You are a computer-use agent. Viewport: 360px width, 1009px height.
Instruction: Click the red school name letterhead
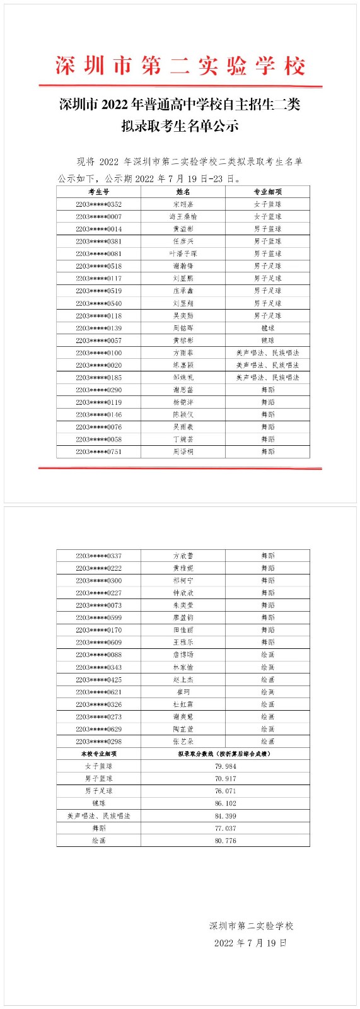[x=180, y=66]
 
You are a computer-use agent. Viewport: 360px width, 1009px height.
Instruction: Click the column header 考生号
[x=98, y=192]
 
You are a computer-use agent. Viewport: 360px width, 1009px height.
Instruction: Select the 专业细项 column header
[x=267, y=192]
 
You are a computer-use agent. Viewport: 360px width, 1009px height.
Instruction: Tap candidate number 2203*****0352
[x=98, y=204]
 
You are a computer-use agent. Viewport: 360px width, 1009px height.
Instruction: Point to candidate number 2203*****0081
[x=98, y=254]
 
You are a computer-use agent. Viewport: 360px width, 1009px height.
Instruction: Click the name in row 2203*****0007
[x=183, y=216]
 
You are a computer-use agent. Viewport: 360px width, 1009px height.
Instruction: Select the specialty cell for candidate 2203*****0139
[x=267, y=328]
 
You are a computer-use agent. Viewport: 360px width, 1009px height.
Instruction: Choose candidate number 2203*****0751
[x=98, y=452]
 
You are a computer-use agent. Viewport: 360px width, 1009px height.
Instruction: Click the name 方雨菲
[x=183, y=353]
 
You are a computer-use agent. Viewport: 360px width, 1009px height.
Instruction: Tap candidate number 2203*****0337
[x=98, y=556]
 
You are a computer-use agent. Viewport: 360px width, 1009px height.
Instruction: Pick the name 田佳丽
[x=183, y=630]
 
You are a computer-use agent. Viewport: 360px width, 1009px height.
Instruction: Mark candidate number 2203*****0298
[x=98, y=742]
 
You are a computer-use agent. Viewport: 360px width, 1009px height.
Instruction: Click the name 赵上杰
[x=183, y=680]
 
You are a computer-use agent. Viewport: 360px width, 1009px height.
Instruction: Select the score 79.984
[x=225, y=766]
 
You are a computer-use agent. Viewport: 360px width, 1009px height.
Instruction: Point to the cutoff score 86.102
[x=225, y=803]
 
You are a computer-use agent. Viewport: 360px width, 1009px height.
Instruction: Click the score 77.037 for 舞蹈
[x=225, y=828]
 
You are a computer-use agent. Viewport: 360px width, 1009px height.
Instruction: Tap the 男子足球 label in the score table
[x=98, y=791]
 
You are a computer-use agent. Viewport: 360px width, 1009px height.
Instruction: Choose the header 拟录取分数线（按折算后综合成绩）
[x=225, y=754]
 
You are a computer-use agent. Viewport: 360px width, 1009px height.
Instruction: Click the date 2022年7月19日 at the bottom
[x=250, y=943]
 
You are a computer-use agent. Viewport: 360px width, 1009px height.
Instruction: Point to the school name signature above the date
[x=251, y=926]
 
